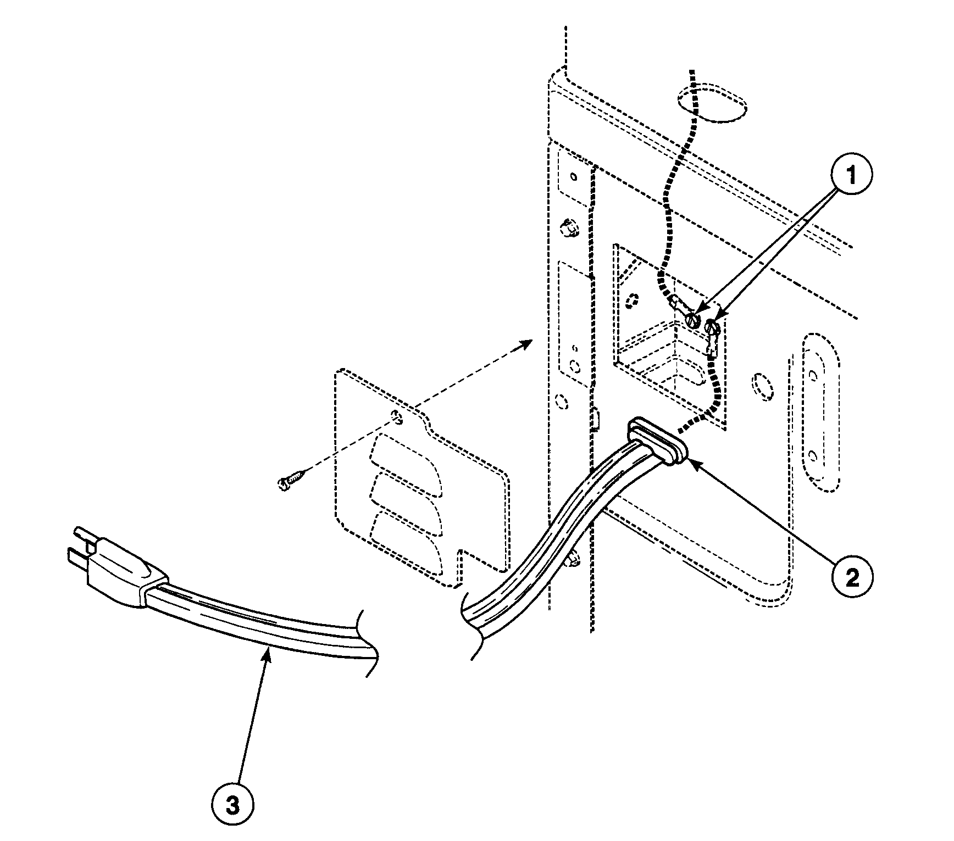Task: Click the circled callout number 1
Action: pyautogui.click(x=851, y=176)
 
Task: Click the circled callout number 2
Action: pyautogui.click(x=852, y=577)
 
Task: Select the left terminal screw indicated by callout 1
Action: pyautogui.click(x=693, y=319)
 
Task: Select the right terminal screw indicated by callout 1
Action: pyautogui.click(x=713, y=328)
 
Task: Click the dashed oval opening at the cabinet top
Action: pyautogui.click(x=712, y=102)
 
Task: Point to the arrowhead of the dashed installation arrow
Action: pyautogui.click(x=528, y=343)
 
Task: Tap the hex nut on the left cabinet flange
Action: pyautogui.click(x=568, y=227)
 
